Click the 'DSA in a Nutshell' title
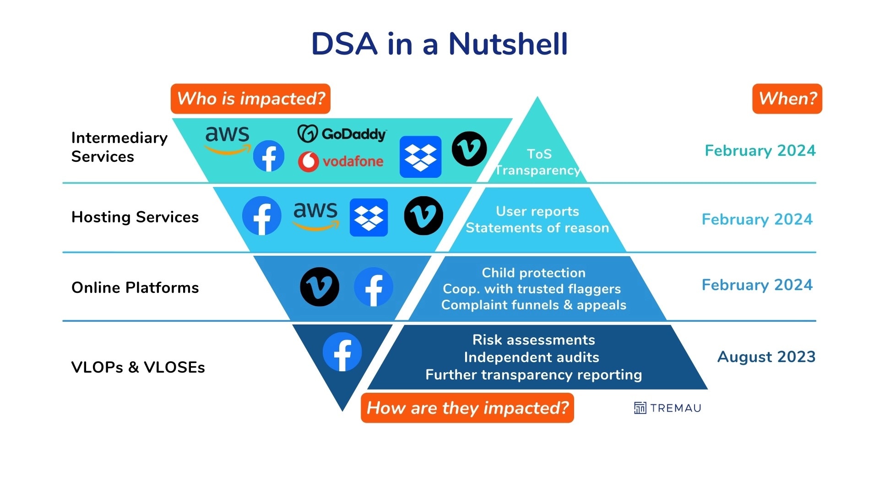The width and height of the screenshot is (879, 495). click(439, 44)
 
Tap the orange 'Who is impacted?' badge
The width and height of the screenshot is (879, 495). click(250, 99)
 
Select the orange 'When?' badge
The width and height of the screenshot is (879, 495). click(787, 99)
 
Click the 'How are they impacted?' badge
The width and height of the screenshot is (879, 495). click(467, 407)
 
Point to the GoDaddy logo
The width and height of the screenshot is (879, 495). click(342, 134)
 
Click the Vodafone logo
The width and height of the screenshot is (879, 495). click(341, 161)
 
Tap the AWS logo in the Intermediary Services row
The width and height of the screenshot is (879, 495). click(228, 139)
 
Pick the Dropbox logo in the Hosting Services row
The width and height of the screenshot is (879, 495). click(369, 218)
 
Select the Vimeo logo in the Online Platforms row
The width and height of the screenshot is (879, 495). click(320, 287)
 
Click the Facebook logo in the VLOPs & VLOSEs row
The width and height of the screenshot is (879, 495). click(342, 352)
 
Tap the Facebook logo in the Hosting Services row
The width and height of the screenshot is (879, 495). click(262, 216)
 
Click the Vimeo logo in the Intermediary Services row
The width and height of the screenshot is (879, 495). click(469, 149)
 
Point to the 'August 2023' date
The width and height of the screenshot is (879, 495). click(766, 357)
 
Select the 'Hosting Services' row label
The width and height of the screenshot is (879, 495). click(135, 217)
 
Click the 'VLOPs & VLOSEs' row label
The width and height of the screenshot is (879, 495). click(138, 367)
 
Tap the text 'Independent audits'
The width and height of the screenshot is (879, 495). click(532, 357)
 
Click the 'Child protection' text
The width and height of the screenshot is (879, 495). click(534, 273)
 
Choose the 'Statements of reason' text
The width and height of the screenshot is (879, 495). click(537, 228)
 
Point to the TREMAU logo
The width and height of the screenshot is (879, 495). click(667, 408)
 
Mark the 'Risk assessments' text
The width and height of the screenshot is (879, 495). click(534, 340)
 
